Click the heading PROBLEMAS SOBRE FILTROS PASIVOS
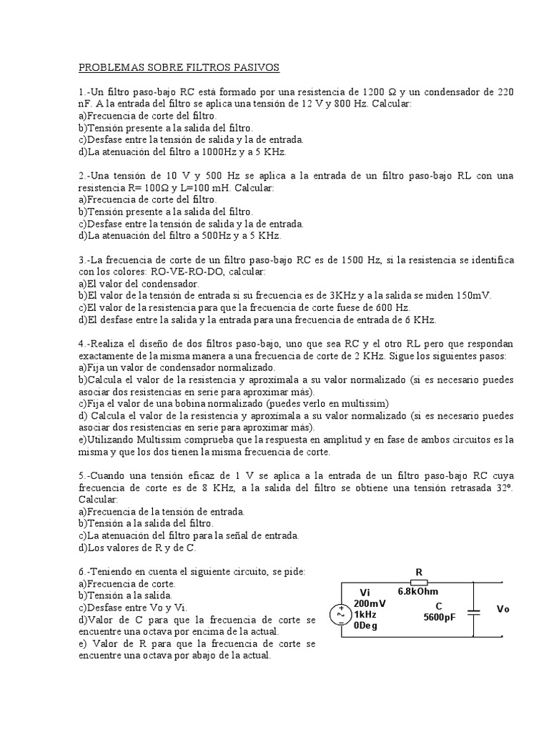click(x=179, y=67)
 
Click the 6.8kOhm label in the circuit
click(x=418, y=591)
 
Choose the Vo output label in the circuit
click(x=503, y=609)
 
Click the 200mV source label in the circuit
click(x=370, y=603)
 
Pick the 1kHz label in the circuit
click(x=365, y=614)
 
